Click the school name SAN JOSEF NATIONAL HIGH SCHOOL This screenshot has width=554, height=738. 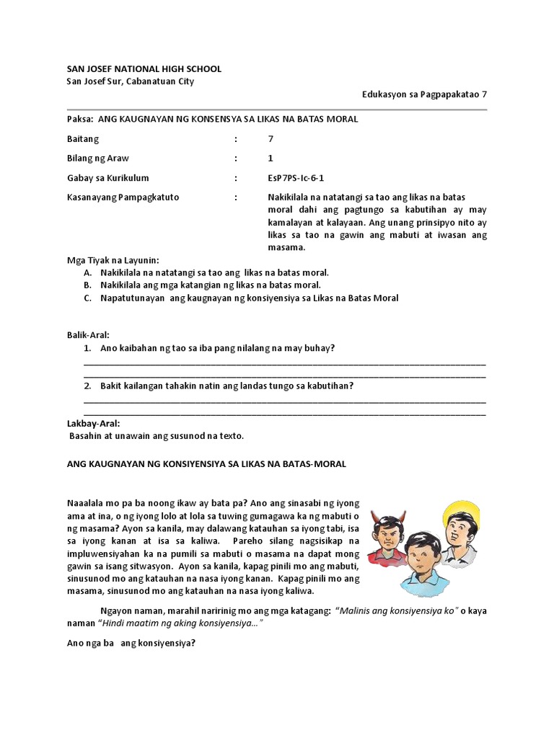(144, 68)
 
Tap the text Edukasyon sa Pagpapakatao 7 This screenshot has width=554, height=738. (424, 94)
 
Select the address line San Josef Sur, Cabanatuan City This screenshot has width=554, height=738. (130, 81)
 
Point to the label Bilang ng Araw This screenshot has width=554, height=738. (98, 159)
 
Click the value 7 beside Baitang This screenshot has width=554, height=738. (271, 138)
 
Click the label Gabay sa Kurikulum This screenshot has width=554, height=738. (107, 178)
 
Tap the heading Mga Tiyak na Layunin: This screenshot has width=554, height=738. (113, 260)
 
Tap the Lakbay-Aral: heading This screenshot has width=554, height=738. (94, 423)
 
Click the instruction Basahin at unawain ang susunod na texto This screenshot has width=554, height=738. (157, 436)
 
